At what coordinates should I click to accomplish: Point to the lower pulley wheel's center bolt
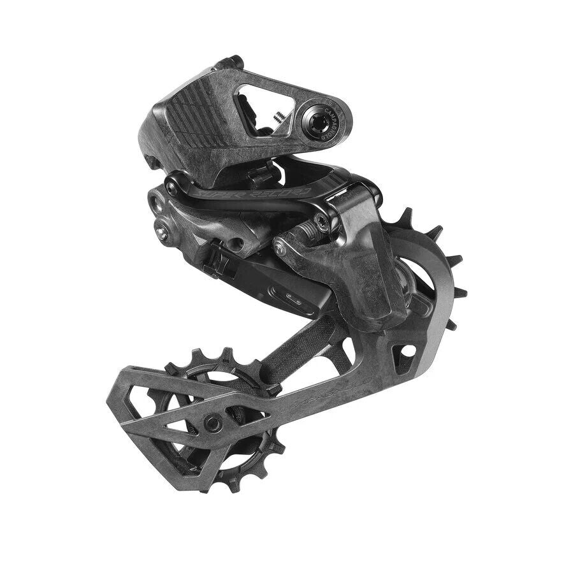click(x=212, y=421)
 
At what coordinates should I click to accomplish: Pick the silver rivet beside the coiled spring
click(x=281, y=249)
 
